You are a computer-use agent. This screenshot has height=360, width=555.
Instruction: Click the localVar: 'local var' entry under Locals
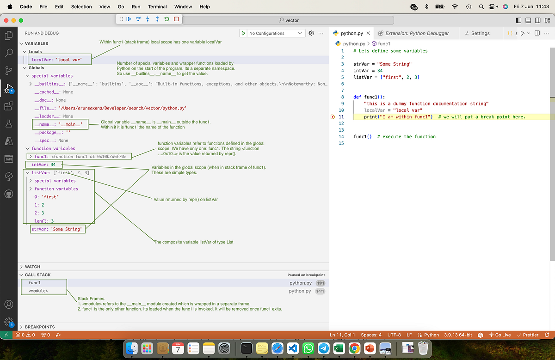[x=57, y=60]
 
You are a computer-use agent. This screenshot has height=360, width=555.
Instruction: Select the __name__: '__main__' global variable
[x=58, y=124]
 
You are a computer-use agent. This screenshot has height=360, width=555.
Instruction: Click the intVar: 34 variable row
[x=43, y=165]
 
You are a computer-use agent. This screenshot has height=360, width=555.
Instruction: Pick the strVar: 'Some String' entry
[x=56, y=229]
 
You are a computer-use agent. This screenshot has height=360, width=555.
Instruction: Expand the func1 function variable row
[x=31, y=157]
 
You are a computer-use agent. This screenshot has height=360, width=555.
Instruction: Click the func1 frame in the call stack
[x=35, y=283]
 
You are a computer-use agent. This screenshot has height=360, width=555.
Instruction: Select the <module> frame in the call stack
[x=38, y=291]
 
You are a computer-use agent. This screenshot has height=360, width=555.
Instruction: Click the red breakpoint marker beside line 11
[x=333, y=117]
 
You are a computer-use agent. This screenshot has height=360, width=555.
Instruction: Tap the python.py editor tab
[x=351, y=33]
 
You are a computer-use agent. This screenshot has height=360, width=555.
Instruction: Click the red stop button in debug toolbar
[x=176, y=19]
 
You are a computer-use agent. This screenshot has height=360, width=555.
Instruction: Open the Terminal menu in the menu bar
[x=157, y=7]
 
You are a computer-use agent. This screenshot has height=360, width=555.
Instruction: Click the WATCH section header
[x=32, y=267]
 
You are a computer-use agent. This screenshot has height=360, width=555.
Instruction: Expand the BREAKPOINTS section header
[x=39, y=327]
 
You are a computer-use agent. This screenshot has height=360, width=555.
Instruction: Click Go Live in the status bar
[x=500, y=335]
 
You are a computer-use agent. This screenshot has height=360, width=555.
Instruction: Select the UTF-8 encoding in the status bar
[x=394, y=335]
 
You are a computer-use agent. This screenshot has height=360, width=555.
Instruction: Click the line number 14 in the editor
[x=341, y=137]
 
